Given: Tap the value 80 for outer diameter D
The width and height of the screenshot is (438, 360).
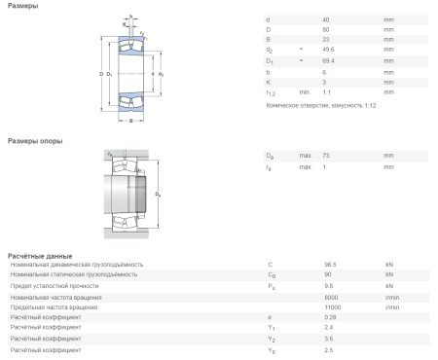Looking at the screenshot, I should [x=326, y=29].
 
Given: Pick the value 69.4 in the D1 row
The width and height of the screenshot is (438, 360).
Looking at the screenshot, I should [x=328, y=60].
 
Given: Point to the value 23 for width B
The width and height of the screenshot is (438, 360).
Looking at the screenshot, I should [x=326, y=39].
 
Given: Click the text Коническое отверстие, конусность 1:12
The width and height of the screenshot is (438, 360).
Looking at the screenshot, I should [x=318, y=104].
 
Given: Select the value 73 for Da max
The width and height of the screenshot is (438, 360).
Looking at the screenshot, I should [x=326, y=155].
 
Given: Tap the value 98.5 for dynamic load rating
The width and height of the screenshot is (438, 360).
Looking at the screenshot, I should [x=328, y=264].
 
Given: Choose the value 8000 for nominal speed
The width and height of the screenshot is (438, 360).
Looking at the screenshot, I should [x=328, y=296].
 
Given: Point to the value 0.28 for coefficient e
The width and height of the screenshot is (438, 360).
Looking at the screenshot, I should [x=328, y=317].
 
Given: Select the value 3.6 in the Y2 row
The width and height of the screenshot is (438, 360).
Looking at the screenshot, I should [x=326, y=339].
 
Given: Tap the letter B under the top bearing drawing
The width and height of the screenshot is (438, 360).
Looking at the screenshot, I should [x=130, y=122].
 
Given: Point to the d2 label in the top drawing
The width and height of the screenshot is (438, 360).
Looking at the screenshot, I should [x=162, y=74].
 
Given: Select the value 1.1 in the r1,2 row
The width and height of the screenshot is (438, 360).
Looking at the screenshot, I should [x=326, y=91].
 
